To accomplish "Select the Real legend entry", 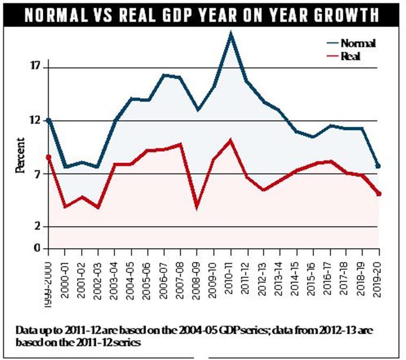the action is [343, 56].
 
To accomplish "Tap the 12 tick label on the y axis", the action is [37, 120].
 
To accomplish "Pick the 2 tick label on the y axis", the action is [38, 226].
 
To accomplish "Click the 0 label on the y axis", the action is [38, 248].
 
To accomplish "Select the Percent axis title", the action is [20, 156].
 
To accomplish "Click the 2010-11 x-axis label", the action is [229, 278].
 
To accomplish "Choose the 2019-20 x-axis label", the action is [379, 279].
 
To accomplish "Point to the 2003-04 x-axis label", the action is [114, 280].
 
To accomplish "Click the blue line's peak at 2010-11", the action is [231, 34].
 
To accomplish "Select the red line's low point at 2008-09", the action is [197, 206].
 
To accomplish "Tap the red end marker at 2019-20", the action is [379, 194].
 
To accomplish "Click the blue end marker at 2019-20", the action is [378, 166].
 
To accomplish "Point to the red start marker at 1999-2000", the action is [49, 157].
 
